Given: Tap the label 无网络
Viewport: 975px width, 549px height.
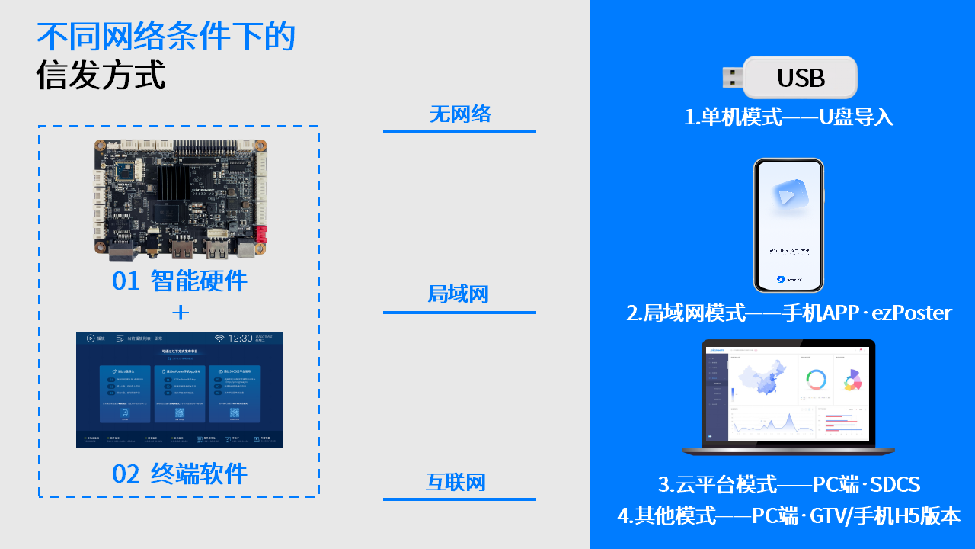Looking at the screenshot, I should point(459,114).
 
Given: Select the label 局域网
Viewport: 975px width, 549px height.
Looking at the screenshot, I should point(458,294).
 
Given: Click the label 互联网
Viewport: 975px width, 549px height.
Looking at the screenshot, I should point(456,482).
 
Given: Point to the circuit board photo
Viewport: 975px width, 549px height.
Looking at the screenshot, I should point(180,197).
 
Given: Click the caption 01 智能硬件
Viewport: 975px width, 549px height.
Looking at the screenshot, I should point(180,281).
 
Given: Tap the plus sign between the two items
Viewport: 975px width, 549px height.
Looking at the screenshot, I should point(180,313).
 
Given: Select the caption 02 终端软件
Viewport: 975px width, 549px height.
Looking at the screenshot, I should point(180,474).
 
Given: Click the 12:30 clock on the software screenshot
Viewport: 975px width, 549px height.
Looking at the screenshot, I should point(240,338).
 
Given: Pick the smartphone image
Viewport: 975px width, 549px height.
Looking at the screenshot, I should point(788,225).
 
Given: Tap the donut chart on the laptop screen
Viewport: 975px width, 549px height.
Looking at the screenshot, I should point(816,379).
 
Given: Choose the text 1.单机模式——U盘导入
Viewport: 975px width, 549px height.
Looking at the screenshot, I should point(788,117).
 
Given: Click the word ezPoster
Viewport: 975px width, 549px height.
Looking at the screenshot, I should point(913,313).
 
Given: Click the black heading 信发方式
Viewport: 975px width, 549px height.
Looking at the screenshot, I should point(101,75).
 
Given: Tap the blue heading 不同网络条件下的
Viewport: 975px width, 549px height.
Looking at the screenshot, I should point(165,37).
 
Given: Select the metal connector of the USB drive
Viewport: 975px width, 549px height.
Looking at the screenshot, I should point(732,77).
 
